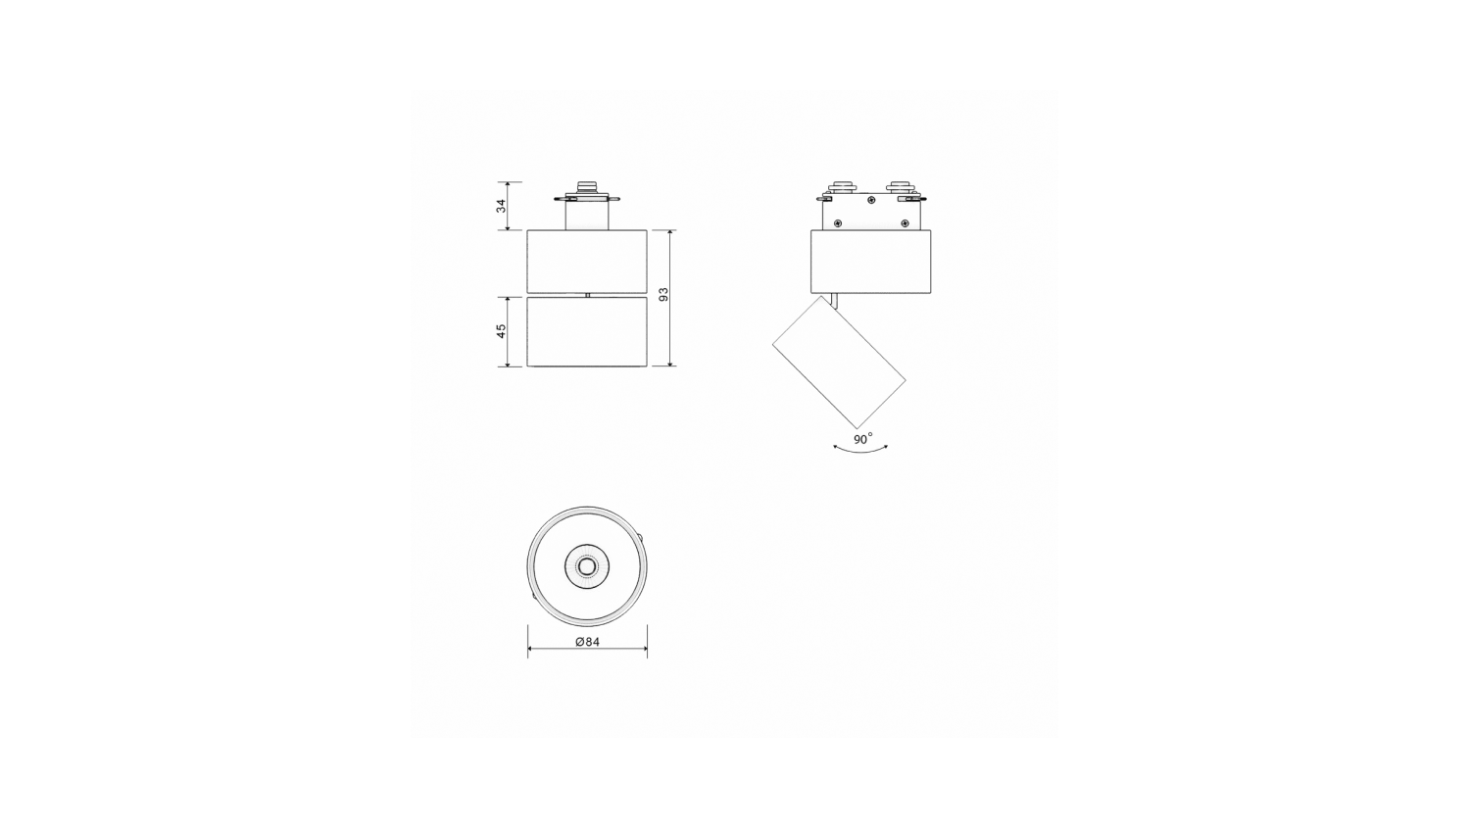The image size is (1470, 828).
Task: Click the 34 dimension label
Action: tap(502, 206)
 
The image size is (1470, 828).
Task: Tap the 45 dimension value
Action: tap(502, 331)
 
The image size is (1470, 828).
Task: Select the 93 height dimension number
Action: tap(663, 295)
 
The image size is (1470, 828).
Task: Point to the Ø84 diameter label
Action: tap(587, 643)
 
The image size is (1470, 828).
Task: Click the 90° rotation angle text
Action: tap(863, 439)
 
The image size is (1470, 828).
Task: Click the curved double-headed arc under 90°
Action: tap(860, 450)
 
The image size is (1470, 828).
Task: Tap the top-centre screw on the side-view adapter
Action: tap(871, 200)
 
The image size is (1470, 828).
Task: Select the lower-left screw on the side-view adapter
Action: tap(837, 223)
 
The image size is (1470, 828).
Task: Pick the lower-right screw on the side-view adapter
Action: tap(905, 223)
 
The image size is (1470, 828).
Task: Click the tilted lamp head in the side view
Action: tap(839, 362)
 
